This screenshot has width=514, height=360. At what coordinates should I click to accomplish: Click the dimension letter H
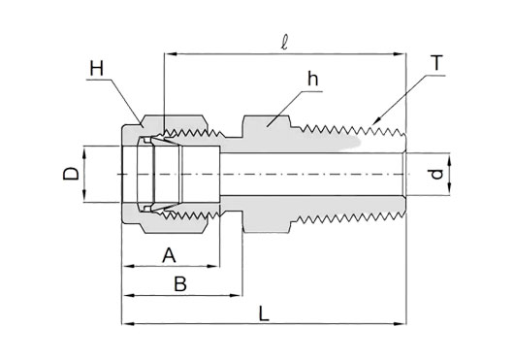click(x=97, y=69)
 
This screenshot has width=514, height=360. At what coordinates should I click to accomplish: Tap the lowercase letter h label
click(x=312, y=79)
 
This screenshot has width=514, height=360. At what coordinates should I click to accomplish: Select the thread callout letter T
click(x=437, y=63)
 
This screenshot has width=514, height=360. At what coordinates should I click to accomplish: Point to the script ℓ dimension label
click(x=285, y=43)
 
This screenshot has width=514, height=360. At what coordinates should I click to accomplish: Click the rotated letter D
click(x=71, y=174)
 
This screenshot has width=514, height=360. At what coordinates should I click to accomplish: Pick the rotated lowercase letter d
click(x=437, y=174)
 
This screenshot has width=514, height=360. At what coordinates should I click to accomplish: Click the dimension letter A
click(x=169, y=256)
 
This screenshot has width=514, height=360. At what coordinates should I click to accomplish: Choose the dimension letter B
click(x=180, y=284)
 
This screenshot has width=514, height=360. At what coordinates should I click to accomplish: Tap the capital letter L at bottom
click(x=264, y=313)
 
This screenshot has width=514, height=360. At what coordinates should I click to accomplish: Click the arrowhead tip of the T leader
click(x=372, y=125)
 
